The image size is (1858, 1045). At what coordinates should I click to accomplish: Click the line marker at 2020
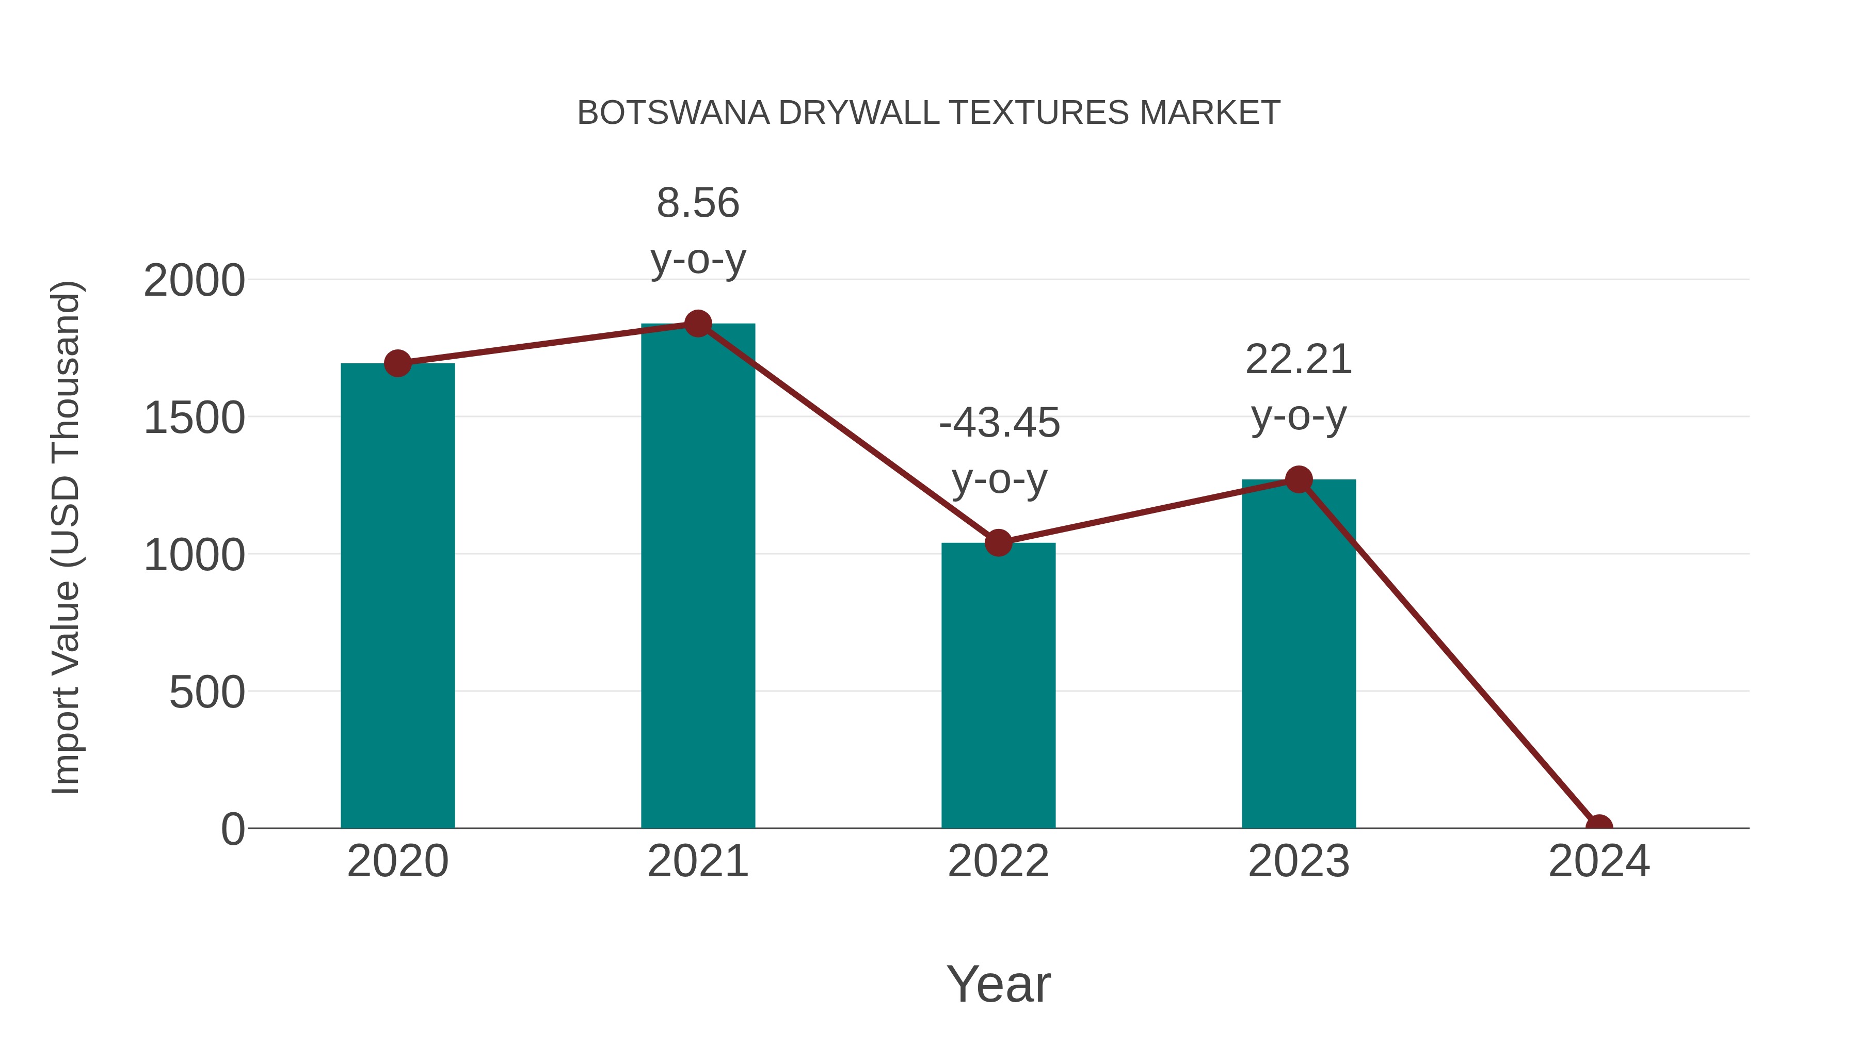point(397,363)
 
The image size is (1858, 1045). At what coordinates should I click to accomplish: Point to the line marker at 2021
point(697,324)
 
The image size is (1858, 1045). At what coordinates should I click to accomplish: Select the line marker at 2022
point(998,542)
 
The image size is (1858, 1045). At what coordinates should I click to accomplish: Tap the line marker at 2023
point(1299,479)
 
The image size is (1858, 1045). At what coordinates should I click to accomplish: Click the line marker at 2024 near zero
point(1598,827)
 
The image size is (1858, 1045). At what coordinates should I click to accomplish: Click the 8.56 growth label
point(697,203)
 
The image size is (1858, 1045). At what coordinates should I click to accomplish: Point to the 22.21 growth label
point(1299,360)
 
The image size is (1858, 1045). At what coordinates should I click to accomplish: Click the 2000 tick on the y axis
point(194,281)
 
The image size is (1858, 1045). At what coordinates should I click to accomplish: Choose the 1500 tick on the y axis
point(194,419)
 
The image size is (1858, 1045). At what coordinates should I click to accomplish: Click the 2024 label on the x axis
point(1598,861)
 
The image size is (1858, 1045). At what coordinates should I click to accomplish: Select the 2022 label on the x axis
point(998,861)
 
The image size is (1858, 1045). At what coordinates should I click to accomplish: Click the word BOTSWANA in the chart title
point(673,113)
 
